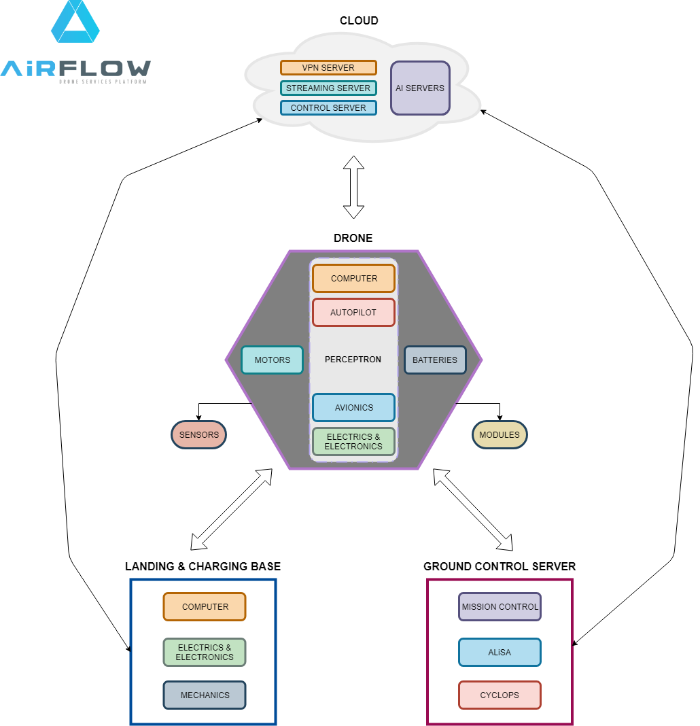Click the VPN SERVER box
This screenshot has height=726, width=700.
click(328, 68)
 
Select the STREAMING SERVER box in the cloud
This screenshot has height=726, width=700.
click(328, 88)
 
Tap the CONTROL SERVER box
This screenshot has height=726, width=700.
click(328, 107)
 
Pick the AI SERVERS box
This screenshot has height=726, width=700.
click(420, 88)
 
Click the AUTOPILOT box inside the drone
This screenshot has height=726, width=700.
click(353, 313)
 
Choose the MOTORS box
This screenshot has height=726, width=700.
click(272, 360)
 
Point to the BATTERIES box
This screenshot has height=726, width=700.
click(435, 360)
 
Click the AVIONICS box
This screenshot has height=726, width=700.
click(353, 408)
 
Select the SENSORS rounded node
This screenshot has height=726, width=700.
click(198, 434)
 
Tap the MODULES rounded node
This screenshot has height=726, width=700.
click(500, 434)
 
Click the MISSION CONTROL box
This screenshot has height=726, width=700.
click(500, 607)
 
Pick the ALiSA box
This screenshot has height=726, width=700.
click(500, 652)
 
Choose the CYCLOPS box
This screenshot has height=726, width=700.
click(500, 695)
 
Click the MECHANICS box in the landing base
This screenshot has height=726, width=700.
click(205, 695)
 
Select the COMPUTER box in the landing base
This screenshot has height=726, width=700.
click(205, 607)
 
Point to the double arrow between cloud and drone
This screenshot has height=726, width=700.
click(353, 187)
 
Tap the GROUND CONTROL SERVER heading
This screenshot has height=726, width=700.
click(500, 566)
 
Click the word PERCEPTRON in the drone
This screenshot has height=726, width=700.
click(353, 359)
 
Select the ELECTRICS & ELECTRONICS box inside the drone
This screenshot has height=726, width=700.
click(353, 442)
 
